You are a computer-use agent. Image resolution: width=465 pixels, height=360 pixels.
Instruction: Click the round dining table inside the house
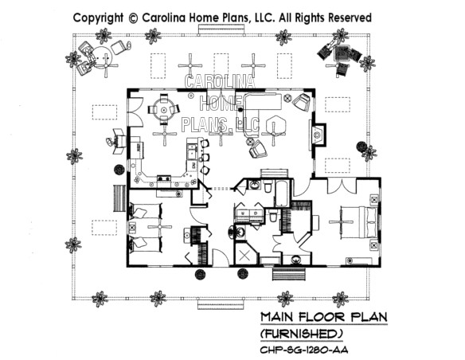point(163,110)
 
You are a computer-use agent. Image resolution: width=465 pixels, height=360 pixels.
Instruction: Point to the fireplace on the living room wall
point(318,135)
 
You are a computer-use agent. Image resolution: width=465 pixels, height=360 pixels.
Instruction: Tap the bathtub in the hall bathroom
point(282,193)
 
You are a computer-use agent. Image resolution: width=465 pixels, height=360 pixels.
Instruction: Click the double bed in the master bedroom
point(360,221)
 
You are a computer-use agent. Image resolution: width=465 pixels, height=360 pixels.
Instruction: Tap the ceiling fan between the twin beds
point(160,227)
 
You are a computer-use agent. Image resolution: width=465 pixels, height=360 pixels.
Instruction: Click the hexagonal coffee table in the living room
point(276,125)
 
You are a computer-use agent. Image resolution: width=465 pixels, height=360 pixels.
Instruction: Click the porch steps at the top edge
point(221,29)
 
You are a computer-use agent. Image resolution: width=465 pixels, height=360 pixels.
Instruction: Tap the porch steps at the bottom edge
point(221,304)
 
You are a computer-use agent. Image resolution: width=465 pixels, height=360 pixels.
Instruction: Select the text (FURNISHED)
point(301,335)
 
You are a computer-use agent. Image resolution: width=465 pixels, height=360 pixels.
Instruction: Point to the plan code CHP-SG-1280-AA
point(304,350)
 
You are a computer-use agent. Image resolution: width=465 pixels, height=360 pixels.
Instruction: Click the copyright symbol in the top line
point(133,18)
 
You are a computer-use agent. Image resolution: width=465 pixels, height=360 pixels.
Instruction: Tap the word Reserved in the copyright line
point(350,18)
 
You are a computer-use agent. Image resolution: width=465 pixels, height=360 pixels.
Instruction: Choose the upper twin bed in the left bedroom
point(146,211)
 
